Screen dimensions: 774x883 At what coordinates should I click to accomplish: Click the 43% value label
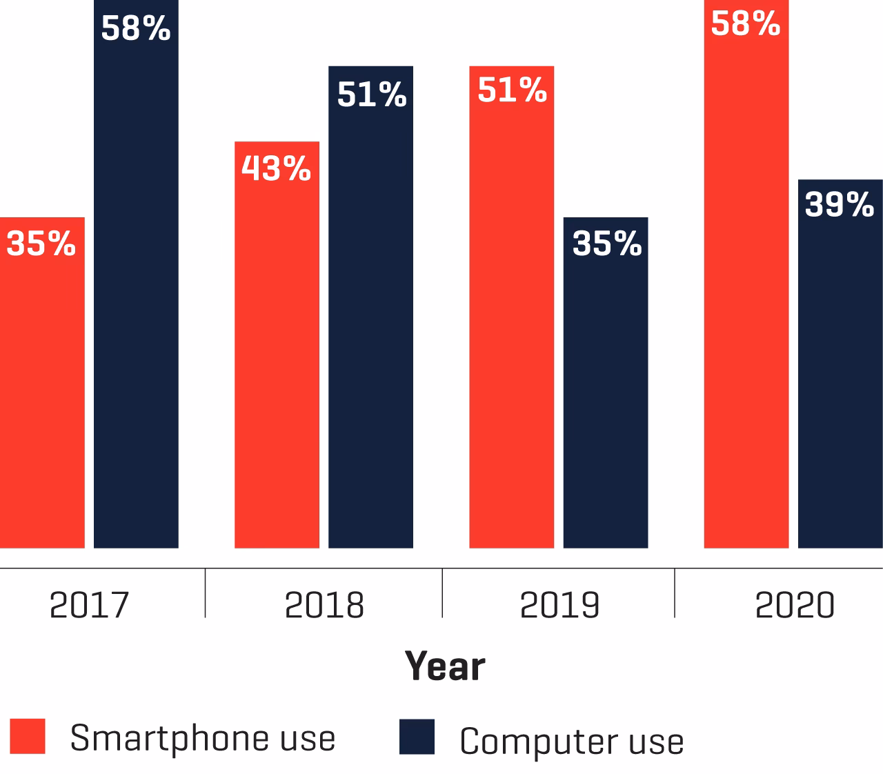[276, 168]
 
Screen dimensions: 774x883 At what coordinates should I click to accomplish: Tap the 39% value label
[840, 205]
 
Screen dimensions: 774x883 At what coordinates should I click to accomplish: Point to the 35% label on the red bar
[41, 244]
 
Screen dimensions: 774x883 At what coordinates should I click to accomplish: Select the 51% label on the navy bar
[371, 95]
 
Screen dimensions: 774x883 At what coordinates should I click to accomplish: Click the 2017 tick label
[90, 605]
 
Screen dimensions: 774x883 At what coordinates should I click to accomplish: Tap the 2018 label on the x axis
[324, 605]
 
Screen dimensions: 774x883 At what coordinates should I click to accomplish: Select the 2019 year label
[559, 605]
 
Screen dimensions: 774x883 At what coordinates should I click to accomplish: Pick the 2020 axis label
[795, 605]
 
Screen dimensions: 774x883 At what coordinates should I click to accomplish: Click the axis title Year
[445, 666]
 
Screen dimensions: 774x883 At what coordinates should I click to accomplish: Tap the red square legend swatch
[28, 736]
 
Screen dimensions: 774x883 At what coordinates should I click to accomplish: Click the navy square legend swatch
[417, 737]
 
